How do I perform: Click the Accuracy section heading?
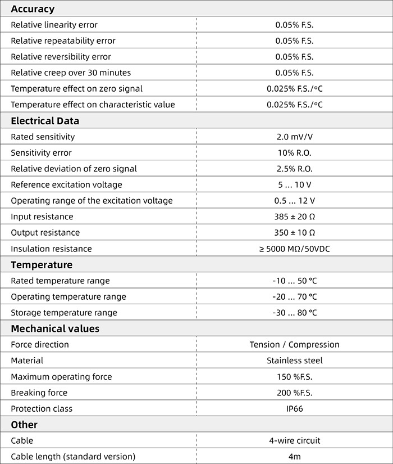point(33,9)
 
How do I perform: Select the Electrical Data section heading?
point(45,121)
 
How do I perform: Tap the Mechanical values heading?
point(55,328)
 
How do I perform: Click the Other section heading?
point(24,425)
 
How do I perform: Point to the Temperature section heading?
point(42,264)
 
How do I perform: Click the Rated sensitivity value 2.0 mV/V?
point(294,137)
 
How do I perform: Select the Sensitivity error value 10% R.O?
point(294,153)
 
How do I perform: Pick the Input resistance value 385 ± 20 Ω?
point(294,217)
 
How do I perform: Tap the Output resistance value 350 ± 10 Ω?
point(294,233)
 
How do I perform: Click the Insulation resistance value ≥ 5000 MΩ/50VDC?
point(294,249)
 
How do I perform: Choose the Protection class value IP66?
point(294,409)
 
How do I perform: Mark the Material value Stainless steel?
point(294,361)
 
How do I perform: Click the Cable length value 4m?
point(294,457)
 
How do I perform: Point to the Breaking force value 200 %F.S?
point(294,393)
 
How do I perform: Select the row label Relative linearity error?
point(54,25)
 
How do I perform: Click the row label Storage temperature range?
point(64,313)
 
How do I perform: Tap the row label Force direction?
point(40,345)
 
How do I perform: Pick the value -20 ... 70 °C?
point(294,297)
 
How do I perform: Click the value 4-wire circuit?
point(294,441)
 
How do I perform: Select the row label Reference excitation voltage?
point(66,185)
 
